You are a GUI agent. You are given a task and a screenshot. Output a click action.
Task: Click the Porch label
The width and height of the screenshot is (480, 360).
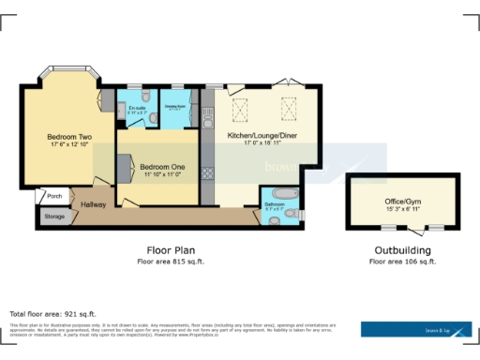pyautogui.click(x=53, y=196)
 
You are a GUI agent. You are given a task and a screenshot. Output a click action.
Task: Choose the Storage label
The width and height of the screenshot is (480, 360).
pyautogui.click(x=54, y=217)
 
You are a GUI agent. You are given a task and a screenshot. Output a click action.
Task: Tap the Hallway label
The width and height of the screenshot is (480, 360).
pyautogui.click(x=93, y=203)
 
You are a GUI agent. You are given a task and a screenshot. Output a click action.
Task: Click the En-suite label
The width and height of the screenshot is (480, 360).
pyautogui.click(x=137, y=108)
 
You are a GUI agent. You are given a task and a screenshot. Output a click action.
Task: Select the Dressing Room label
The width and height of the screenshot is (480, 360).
pyautogui.click(x=175, y=106)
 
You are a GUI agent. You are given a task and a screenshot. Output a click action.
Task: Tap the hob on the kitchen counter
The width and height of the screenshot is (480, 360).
pyautogui.click(x=208, y=172)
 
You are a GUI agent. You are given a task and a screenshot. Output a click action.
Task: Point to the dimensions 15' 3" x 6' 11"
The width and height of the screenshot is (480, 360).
pyautogui.click(x=404, y=209)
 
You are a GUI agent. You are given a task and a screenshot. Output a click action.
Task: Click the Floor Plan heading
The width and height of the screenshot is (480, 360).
pyautogui.click(x=170, y=250)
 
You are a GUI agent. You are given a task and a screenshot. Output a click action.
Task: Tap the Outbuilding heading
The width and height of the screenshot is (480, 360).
pyautogui.click(x=402, y=250)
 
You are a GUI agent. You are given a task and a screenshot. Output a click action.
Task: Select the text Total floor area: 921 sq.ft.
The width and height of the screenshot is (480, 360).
pyautogui.click(x=52, y=313)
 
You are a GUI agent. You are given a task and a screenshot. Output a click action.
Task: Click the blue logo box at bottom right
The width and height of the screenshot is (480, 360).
pyautogui.click(x=416, y=329)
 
